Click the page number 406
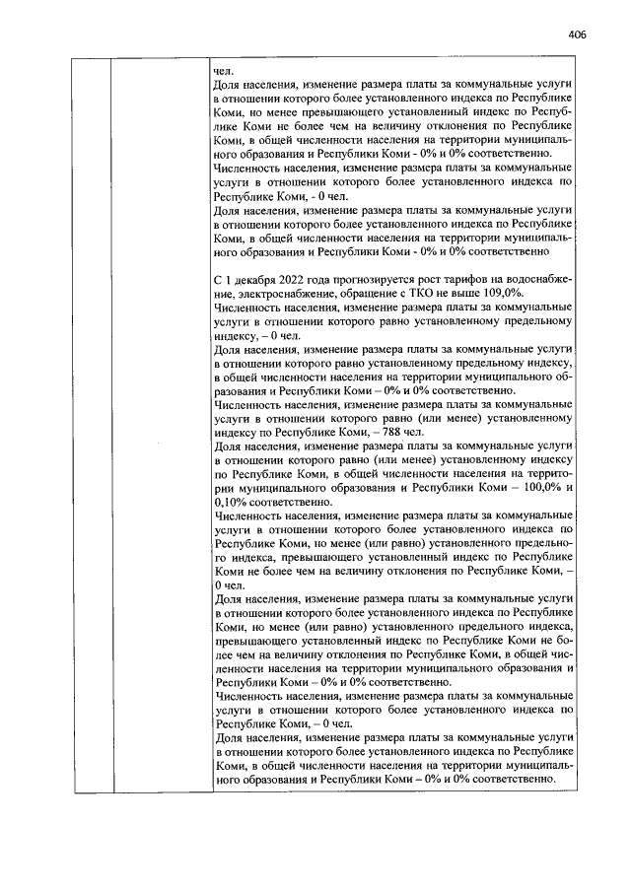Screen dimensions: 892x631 [x=578, y=34]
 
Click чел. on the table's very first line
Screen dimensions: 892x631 [x=223, y=72]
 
